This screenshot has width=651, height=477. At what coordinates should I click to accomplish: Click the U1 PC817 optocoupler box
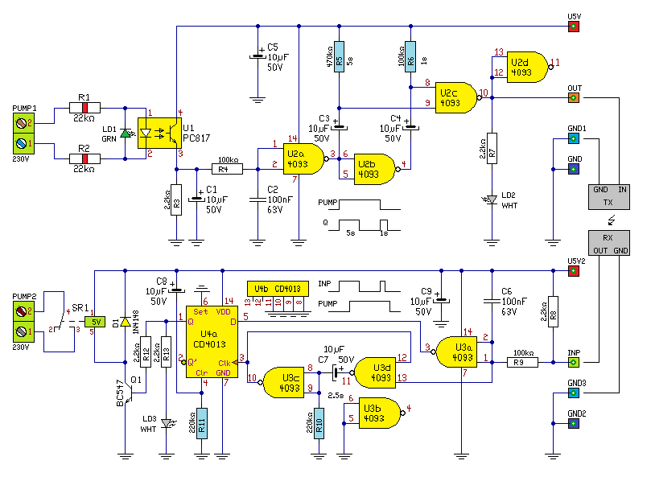tap(159, 134)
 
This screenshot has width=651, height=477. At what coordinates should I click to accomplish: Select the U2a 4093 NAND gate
tap(303, 159)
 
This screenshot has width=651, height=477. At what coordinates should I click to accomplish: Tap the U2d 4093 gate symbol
tap(527, 68)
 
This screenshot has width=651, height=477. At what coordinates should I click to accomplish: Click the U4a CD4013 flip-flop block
tap(212, 342)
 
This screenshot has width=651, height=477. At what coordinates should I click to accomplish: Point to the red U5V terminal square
tap(574, 27)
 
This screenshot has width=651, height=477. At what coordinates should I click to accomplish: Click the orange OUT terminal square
tap(574, 98)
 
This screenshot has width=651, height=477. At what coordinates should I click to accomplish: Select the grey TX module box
tap(608, 197)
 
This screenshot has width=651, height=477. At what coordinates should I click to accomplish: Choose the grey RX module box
tap(608, 243)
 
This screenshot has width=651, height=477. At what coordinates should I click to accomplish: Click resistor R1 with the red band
tap(84, 108)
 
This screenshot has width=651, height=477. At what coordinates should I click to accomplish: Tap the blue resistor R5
tap(340, 57)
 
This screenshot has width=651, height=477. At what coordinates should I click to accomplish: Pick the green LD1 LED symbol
tap(126, 134)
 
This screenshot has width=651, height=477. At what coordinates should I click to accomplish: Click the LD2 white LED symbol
tap(492, 199)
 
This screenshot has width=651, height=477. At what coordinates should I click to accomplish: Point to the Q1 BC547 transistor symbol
tap(128, 393)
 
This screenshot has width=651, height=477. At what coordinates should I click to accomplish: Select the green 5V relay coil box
tap(95, 322)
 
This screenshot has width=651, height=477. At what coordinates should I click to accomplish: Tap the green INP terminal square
tap(574, 363)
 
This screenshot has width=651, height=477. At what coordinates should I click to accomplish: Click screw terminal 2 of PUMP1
tap(23, 123)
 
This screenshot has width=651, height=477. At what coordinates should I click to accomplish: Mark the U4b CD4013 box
tap(278, 289)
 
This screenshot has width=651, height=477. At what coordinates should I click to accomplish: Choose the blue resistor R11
tap(202, 423)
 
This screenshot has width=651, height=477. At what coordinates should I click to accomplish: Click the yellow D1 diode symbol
tap(126, 322)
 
